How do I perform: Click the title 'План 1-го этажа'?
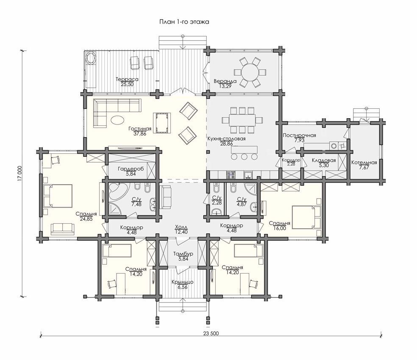[184, 22]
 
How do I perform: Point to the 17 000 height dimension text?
[19, 174]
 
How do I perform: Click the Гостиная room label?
[140, 129]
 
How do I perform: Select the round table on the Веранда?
[250, 72]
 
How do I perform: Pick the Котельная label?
[364, 163]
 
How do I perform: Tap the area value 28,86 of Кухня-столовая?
[227, 144]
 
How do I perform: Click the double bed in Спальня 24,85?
[58, 196]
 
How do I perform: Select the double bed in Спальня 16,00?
[307, 217]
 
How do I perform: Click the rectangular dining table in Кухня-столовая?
[242, 120]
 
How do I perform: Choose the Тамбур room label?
[183, 254]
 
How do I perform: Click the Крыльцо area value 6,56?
[182, 287]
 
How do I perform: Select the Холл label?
[181, 227]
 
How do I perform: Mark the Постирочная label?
[300, 136]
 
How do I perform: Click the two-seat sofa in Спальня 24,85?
[62, 229]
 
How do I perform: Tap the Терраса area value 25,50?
[127, 84]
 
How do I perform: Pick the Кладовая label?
[324, 161]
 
